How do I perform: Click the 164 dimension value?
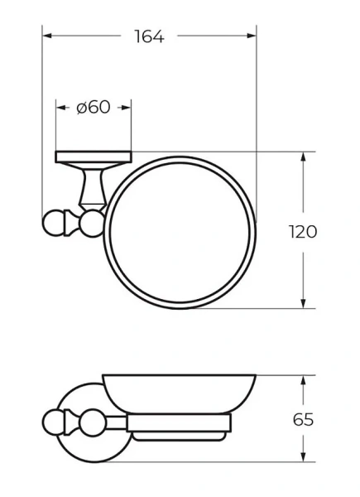click(x=149, y=36)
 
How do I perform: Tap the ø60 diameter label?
click(x=93, y=108)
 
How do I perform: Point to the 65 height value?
click(x=304, y=419)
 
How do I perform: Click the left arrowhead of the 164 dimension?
click(x=46, y=36)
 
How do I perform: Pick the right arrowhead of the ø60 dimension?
click(x=127, y=108)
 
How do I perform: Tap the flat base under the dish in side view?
click(x=178, y=432)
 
